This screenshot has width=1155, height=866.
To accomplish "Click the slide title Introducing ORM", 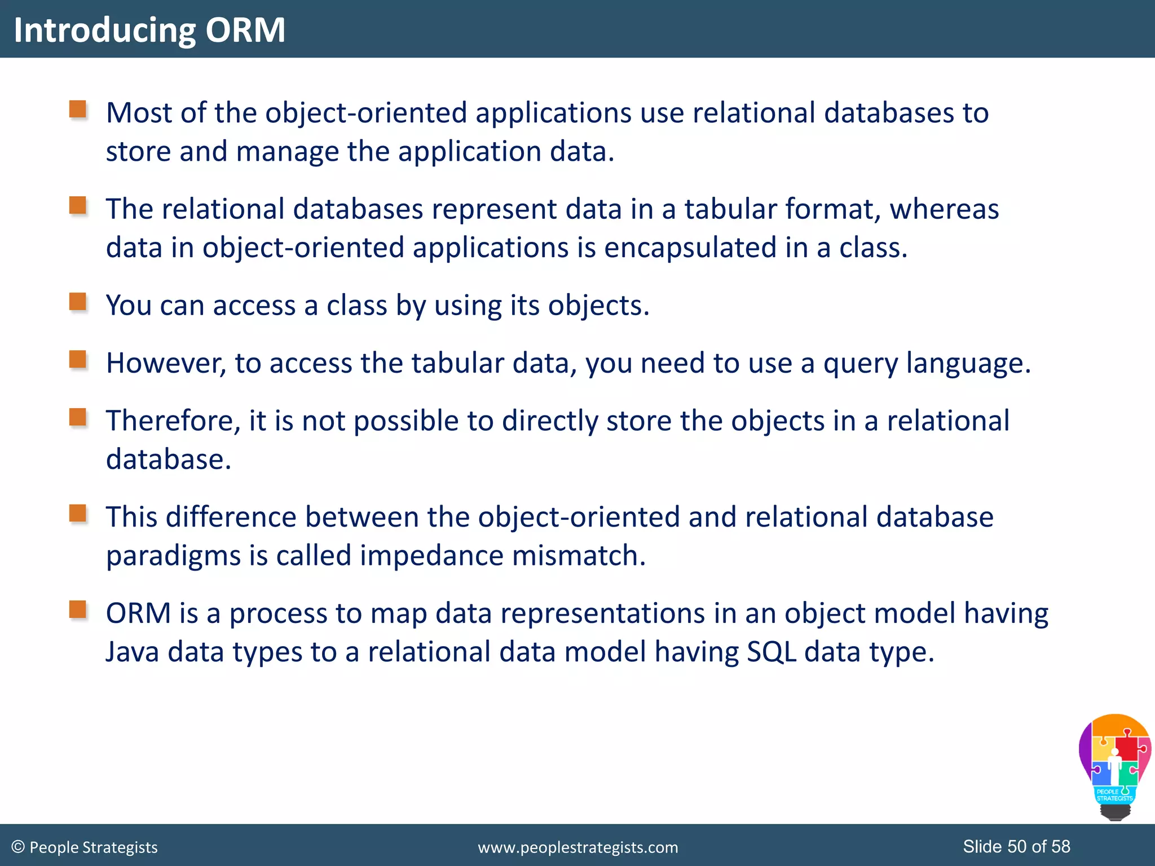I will (149, 29).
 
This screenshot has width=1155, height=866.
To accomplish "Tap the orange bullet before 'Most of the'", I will (78, 109).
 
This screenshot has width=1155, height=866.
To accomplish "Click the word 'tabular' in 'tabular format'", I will (730, 209).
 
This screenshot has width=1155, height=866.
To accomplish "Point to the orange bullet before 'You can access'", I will (78, 302).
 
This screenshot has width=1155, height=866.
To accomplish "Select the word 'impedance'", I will (431, 556).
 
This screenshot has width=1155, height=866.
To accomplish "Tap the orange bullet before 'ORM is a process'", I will (78, 609).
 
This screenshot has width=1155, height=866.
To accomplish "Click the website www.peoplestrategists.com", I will (577, 847).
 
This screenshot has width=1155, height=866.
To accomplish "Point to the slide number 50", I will (1017, 846).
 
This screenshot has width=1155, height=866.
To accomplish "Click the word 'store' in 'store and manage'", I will (138, 152).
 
